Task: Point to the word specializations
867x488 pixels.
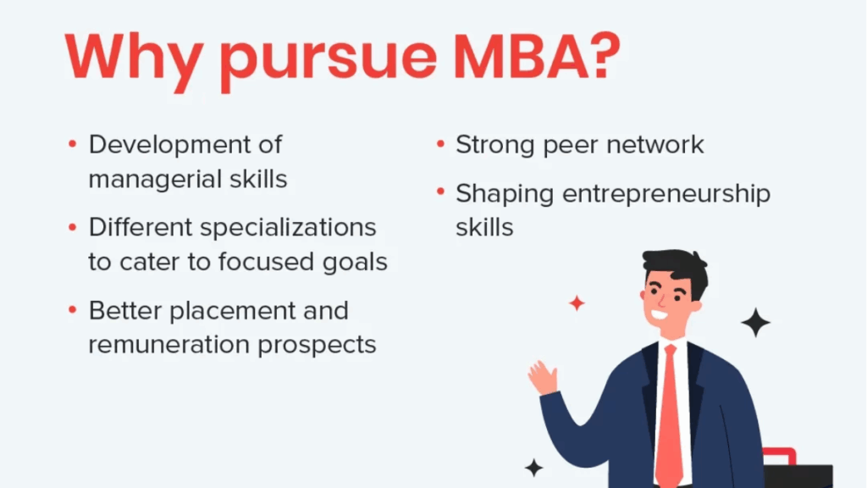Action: click(288, 228)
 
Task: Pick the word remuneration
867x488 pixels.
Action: click(168, 345)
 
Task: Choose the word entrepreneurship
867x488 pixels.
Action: click(666, 195)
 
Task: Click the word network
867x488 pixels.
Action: click(655, 145)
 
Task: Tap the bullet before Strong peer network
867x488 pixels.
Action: click(440, 144)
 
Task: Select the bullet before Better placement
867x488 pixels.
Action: click(73, 310)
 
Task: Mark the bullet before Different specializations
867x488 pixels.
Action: click(73, 227)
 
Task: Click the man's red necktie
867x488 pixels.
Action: click(669, 415)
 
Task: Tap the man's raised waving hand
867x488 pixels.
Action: click(543, 377)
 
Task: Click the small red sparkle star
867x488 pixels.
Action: click(577, 303)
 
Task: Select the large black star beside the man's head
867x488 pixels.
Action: click(755, 322)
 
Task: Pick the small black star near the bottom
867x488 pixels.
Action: click(534, 468)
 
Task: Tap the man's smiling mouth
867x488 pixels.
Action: click(660, 315)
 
